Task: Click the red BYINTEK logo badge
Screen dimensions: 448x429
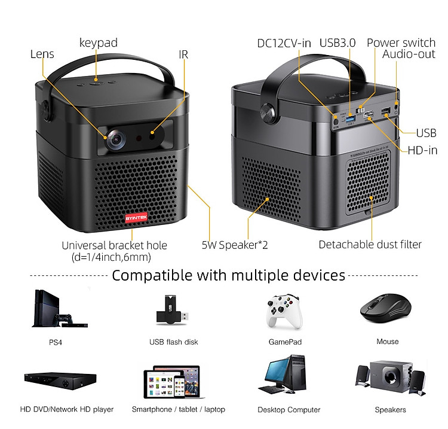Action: point(136,218)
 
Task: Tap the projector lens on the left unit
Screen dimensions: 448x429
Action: point(116,139)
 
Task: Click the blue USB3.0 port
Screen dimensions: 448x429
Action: point(351,118)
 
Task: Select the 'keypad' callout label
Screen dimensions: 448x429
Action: point(99,42)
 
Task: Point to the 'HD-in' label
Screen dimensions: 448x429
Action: point(422,150)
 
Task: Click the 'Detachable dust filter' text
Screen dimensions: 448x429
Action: point(370,244)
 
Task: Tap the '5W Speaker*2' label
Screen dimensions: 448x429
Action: point(235,245)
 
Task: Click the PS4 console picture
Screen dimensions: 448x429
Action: point(60,309)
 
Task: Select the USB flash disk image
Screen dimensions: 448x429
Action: point(172,310)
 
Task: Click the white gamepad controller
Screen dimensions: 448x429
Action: point(284,311)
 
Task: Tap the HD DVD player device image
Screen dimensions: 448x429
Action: point(60,381)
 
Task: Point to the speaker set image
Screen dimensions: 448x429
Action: point(391,377)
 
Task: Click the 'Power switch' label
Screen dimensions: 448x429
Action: point(401,42)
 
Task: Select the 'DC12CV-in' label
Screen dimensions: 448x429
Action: point(284,43)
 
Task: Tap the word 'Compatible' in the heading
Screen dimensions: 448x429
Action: point(152,275)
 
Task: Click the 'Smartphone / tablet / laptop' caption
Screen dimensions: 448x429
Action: point(179,409)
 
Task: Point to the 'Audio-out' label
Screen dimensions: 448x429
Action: point(409,54)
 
